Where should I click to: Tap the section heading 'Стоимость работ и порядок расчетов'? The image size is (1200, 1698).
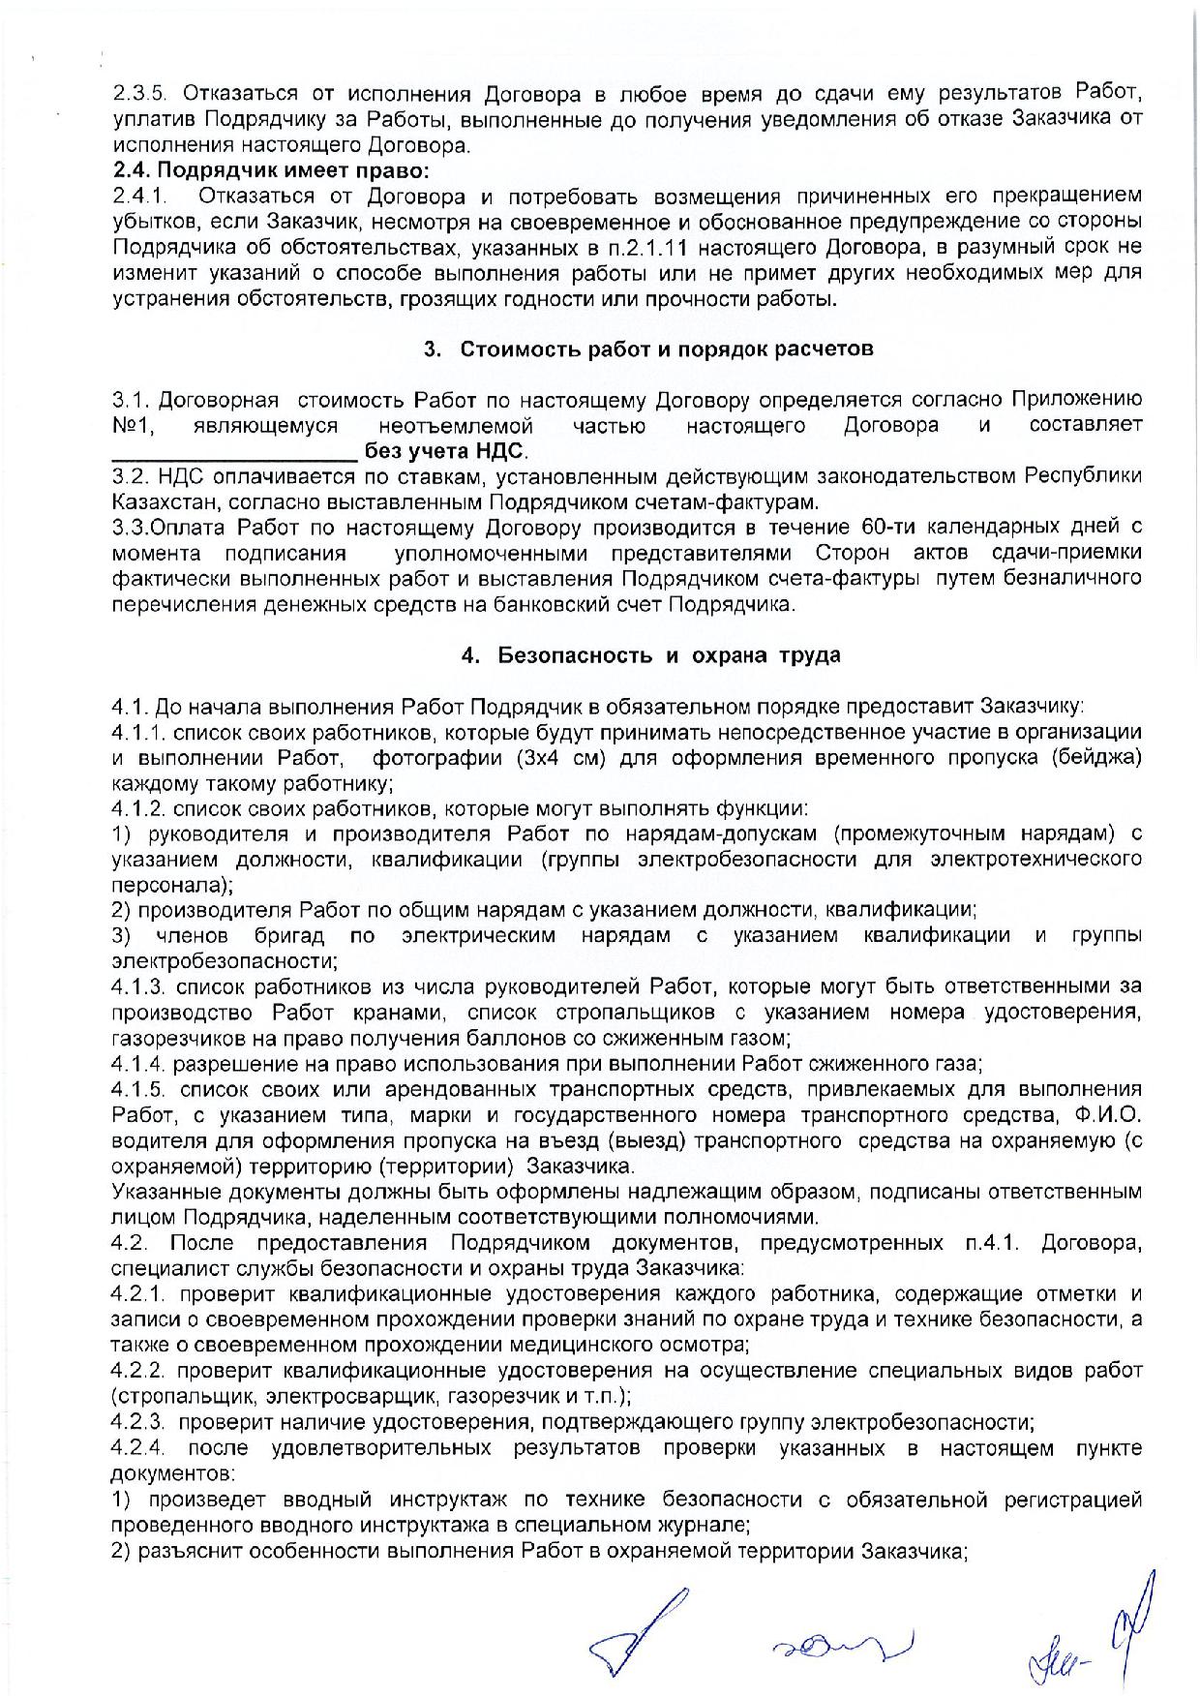tap(667, 349)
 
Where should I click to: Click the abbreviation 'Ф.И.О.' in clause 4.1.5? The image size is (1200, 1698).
tap(1110, 1115)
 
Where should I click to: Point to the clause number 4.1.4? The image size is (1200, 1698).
tap(141, 1064)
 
